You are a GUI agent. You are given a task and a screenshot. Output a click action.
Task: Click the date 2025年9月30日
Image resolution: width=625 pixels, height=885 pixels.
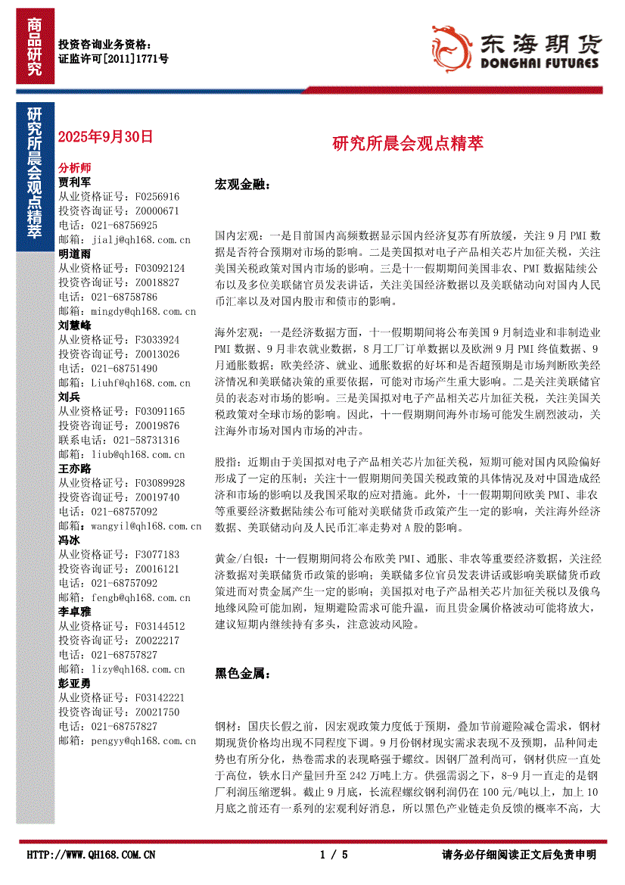[x=105, y=137]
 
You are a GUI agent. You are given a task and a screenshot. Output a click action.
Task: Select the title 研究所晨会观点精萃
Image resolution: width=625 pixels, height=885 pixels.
[x=408, y=143]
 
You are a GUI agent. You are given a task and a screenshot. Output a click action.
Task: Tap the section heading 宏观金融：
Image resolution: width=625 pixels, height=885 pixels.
[x=242, y=185]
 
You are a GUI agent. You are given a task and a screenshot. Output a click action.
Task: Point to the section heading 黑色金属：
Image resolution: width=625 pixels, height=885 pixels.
[x=242, y=673]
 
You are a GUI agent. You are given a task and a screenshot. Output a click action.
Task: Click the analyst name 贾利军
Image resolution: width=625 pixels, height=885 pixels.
[x=75, y=182]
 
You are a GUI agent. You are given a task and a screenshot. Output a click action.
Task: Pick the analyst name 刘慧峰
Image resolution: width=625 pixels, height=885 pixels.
[x=75, y=326]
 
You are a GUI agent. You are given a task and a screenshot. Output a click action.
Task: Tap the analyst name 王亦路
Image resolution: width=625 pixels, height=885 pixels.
[x=75, y=469]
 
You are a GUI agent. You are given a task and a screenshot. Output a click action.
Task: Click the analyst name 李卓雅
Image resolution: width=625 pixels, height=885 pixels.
[x=75, y=611]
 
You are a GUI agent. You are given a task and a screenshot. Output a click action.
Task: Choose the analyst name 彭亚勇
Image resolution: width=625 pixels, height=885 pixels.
[x=75, y=683]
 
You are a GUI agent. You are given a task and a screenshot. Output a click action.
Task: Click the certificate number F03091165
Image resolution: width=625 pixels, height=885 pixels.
[x=158, y=411]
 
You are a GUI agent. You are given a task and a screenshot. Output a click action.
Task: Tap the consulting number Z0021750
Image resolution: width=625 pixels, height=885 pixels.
[x=157, y=712]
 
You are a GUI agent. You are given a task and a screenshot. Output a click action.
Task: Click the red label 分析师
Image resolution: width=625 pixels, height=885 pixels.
[x=75, y=167]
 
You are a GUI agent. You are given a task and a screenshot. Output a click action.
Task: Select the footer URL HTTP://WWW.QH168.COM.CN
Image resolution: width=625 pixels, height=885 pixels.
[x=91, y=855]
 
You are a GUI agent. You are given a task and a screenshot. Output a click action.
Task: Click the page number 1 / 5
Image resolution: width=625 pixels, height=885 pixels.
[x=334, y=855]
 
